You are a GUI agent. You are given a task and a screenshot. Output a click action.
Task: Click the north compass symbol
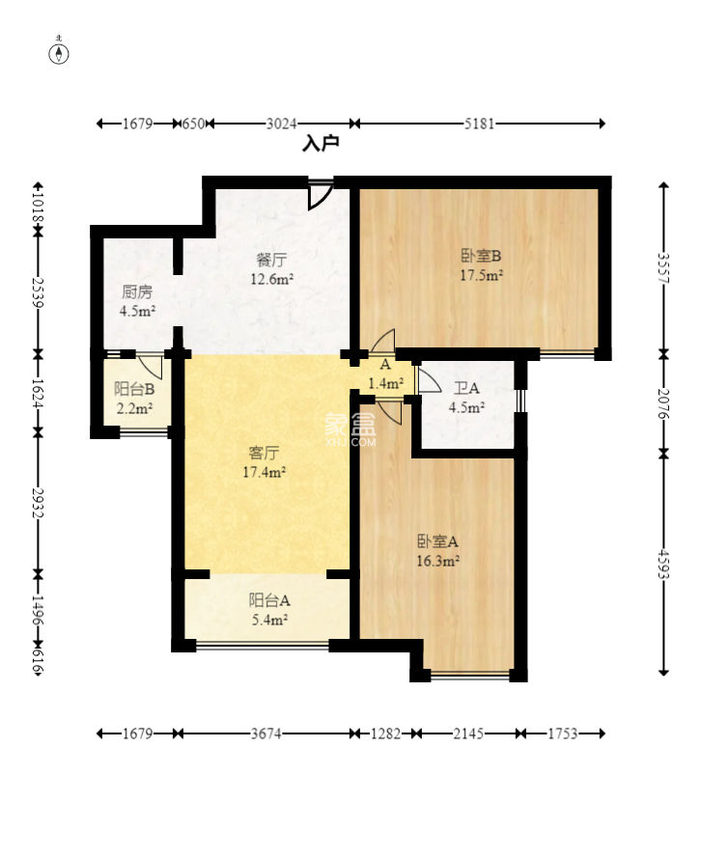pyautogui.click(x=59, y=53)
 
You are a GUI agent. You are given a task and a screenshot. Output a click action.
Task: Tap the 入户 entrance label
pyautogui.click(x=321, y=144)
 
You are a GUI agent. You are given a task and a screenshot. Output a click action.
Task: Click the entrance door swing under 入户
pyautogui.click(x=321, y=196)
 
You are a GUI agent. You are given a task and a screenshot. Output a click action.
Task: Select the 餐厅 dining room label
pyautogui.click(x=271, y=259)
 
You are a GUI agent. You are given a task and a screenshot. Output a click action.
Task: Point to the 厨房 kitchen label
pyautogui.click(x=137, y=292)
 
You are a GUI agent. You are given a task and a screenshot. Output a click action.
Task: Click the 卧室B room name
pyautogui.click(x=482, y=256)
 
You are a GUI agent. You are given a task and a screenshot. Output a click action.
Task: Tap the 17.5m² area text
pyautogui.click(x=482, y=275)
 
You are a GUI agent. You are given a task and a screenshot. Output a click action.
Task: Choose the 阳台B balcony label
pyautogui.click(x=134, y=389)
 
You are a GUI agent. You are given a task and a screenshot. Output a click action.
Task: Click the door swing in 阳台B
pyautogui.click(x=150, y=367)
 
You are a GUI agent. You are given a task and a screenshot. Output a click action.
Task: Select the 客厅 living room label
pyautogui.click(x=265, y=453)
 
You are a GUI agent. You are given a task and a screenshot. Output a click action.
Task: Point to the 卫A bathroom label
pyautogui.click(x=466, y=388)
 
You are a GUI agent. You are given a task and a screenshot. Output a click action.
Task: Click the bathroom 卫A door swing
pyautogui.click(x=429, y=379)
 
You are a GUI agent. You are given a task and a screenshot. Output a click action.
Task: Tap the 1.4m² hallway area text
pyautogui.click(x=386, y=383)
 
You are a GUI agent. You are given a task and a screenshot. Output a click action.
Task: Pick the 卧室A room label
pyautogui.click(x=437, y=541)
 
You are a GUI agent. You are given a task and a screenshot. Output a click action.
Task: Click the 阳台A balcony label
pyautogui.click(x=269, y=600)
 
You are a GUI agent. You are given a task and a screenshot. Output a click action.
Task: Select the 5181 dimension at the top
pyautogui.click(x=479, y=124)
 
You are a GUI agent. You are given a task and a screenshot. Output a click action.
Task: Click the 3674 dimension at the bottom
pyautogui.click(x=266, y=733)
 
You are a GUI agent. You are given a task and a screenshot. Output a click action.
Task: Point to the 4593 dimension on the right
pyautogui.click(x=663, y=564)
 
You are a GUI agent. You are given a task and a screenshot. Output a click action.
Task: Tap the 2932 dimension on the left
pyautogui.click(x=38, y=503)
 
